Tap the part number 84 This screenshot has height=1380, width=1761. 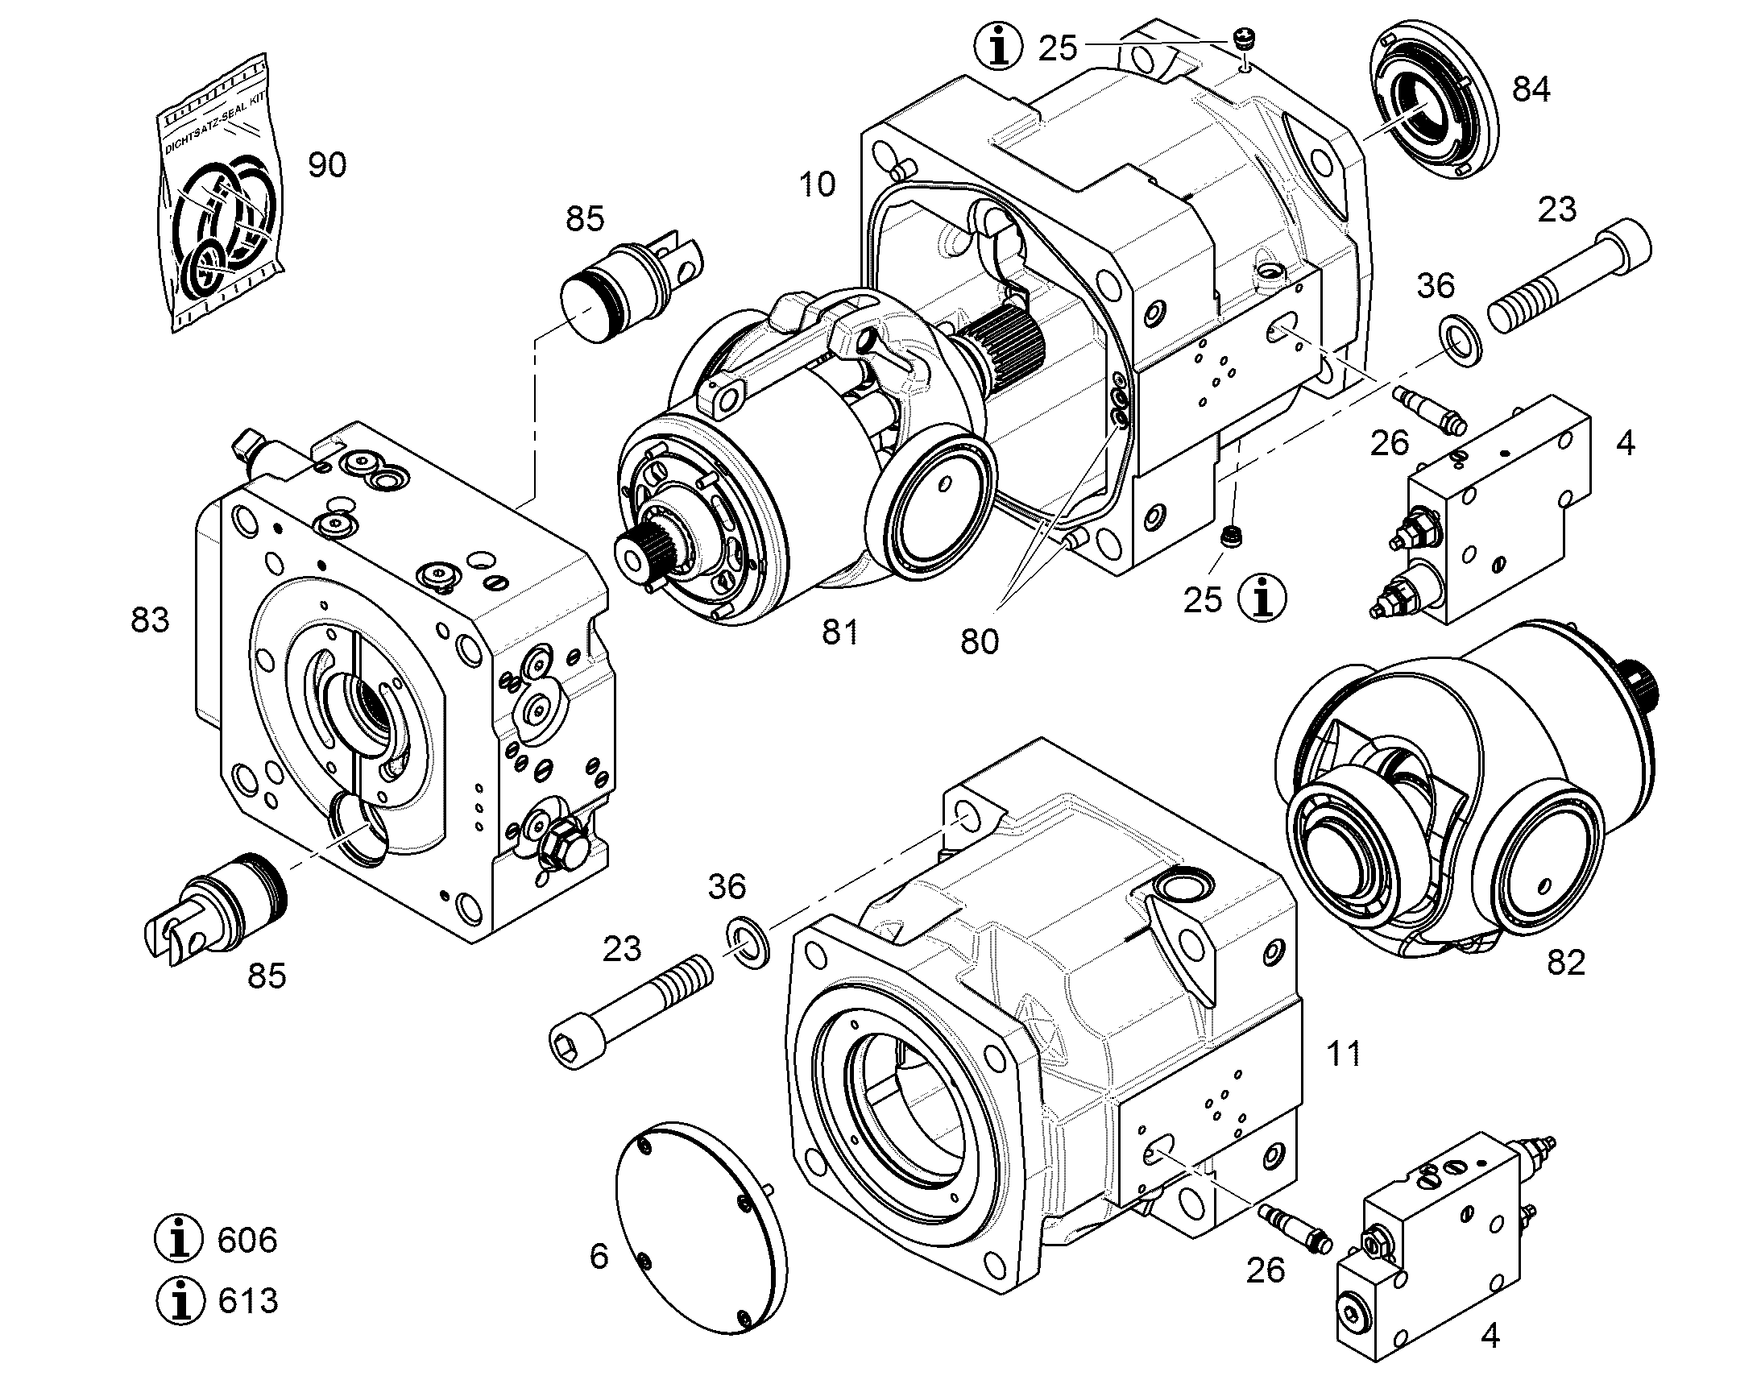1531,89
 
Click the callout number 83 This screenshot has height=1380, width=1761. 151,620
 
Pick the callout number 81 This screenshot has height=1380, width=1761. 840,632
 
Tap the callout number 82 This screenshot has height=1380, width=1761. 1566,962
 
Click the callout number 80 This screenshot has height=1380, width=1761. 980,641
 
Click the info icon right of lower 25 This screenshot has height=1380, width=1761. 1263,598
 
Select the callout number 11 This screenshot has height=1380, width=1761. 1344,1054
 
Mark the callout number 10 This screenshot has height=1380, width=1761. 817,184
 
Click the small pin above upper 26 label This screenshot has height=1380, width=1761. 1429,408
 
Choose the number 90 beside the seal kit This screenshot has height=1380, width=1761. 327,165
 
